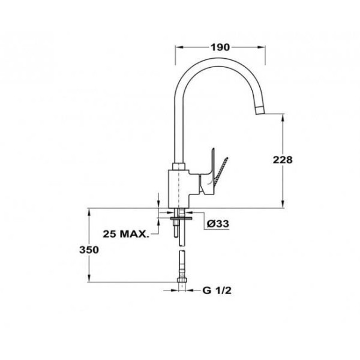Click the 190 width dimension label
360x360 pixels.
coord(220,47)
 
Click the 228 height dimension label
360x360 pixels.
coord(283,160)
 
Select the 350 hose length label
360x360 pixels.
coord(89,250)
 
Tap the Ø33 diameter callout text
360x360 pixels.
coord(218,223)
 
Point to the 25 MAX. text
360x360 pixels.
coord(126,234)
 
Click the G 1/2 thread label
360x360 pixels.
coord(217,290)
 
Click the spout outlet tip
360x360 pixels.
coord(260,110)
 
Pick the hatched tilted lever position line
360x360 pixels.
coord(221,170)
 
